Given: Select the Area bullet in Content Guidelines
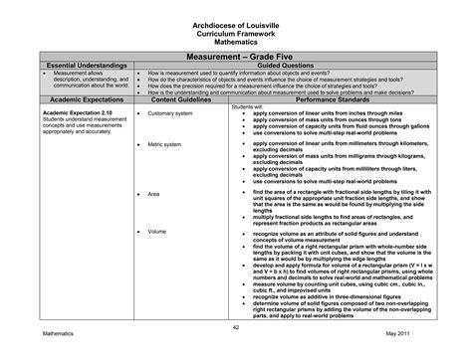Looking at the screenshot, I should pos(153,193).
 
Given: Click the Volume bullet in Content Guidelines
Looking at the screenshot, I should pos(156,231).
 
